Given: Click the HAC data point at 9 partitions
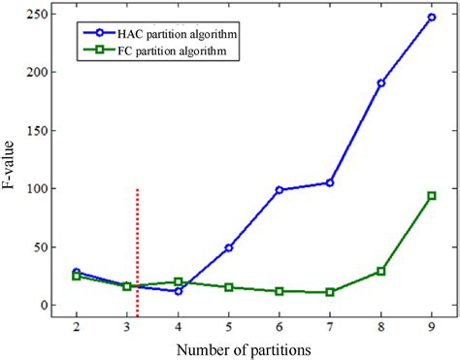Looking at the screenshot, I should pos(431,16).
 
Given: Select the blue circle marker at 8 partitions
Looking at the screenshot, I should pos(380,83).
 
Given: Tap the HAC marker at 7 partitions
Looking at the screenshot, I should pos(330,182).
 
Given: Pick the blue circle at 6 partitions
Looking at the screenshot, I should pos(279,190).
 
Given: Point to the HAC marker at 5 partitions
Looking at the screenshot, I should pos(229,247).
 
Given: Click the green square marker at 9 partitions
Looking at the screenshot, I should pos(431,195).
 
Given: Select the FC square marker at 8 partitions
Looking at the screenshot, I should pos(380,271).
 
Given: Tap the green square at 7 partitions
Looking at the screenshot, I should pos(330,292).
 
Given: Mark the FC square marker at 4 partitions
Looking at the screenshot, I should pos(179,281).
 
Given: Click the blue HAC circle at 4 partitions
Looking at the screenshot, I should pos(179,291).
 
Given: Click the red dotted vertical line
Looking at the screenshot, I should pos(137,252).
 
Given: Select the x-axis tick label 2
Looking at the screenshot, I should pos(77,328).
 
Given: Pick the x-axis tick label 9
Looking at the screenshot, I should pos(431,328).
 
